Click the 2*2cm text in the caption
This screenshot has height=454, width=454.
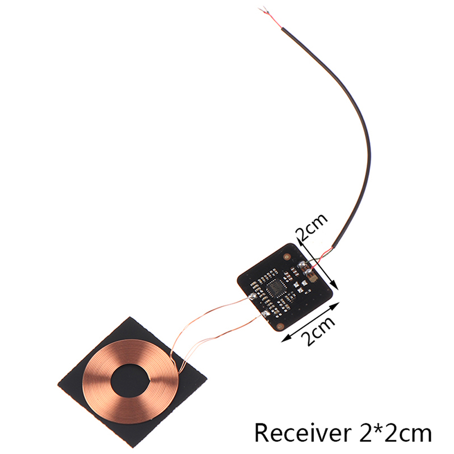click(392, 434)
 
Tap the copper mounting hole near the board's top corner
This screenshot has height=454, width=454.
click(287, 257)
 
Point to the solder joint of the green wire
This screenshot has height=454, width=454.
click(302, 264)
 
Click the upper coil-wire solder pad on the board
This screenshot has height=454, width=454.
click(252, 296)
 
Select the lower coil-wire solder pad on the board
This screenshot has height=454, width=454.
click(265, 313)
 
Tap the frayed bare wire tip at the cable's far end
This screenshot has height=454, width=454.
click(263, 10)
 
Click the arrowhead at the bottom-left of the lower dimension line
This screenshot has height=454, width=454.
click(285, 339)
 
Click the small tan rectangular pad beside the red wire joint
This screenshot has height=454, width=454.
click(314, 279)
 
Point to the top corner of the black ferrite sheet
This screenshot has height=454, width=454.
click(130, 317)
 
